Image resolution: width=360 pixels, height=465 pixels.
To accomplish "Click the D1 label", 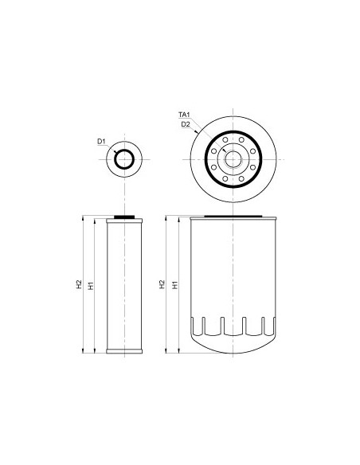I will click(101, 142).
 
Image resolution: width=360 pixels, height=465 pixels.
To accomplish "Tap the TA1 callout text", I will click(183, 115).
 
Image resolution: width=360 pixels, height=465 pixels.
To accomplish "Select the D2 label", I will click(185, 125).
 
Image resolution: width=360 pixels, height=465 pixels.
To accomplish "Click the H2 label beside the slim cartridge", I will click(79, 283).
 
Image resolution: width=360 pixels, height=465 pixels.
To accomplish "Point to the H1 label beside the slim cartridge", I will click(91, 283).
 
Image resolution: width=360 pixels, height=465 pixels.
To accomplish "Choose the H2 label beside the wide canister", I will click(162, 283).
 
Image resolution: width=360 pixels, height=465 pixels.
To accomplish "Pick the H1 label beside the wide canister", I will click(174, 283).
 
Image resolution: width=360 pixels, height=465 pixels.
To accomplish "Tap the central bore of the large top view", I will click(233, 158).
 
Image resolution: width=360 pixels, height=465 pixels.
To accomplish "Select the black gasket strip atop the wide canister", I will click(233, 216).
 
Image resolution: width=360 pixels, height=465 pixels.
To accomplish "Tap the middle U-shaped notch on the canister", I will click(233, 326).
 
